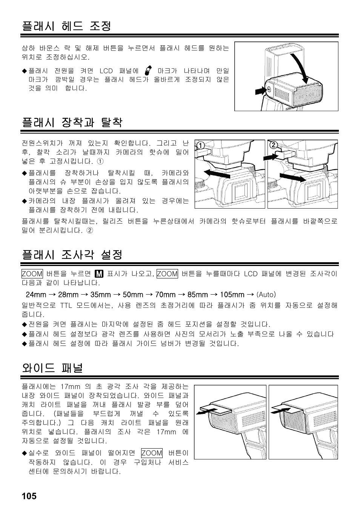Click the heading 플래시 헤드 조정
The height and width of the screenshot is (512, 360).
[66, 26]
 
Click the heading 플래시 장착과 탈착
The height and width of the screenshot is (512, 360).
[72, 122]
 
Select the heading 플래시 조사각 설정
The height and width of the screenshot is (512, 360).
[72, 255]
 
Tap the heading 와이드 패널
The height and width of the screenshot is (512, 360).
[52, 368]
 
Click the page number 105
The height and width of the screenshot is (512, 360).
[29, 496]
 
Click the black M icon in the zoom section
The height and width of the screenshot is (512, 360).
[99, 274]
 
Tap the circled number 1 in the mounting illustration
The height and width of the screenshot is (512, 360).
[200, 146]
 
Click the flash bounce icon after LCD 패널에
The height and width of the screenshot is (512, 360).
[148, 71]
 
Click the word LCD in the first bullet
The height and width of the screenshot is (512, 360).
[106, 71]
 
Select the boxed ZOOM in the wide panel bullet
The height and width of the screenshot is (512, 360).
[152, 453]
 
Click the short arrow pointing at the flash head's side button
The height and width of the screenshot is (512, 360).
[260, 91]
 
